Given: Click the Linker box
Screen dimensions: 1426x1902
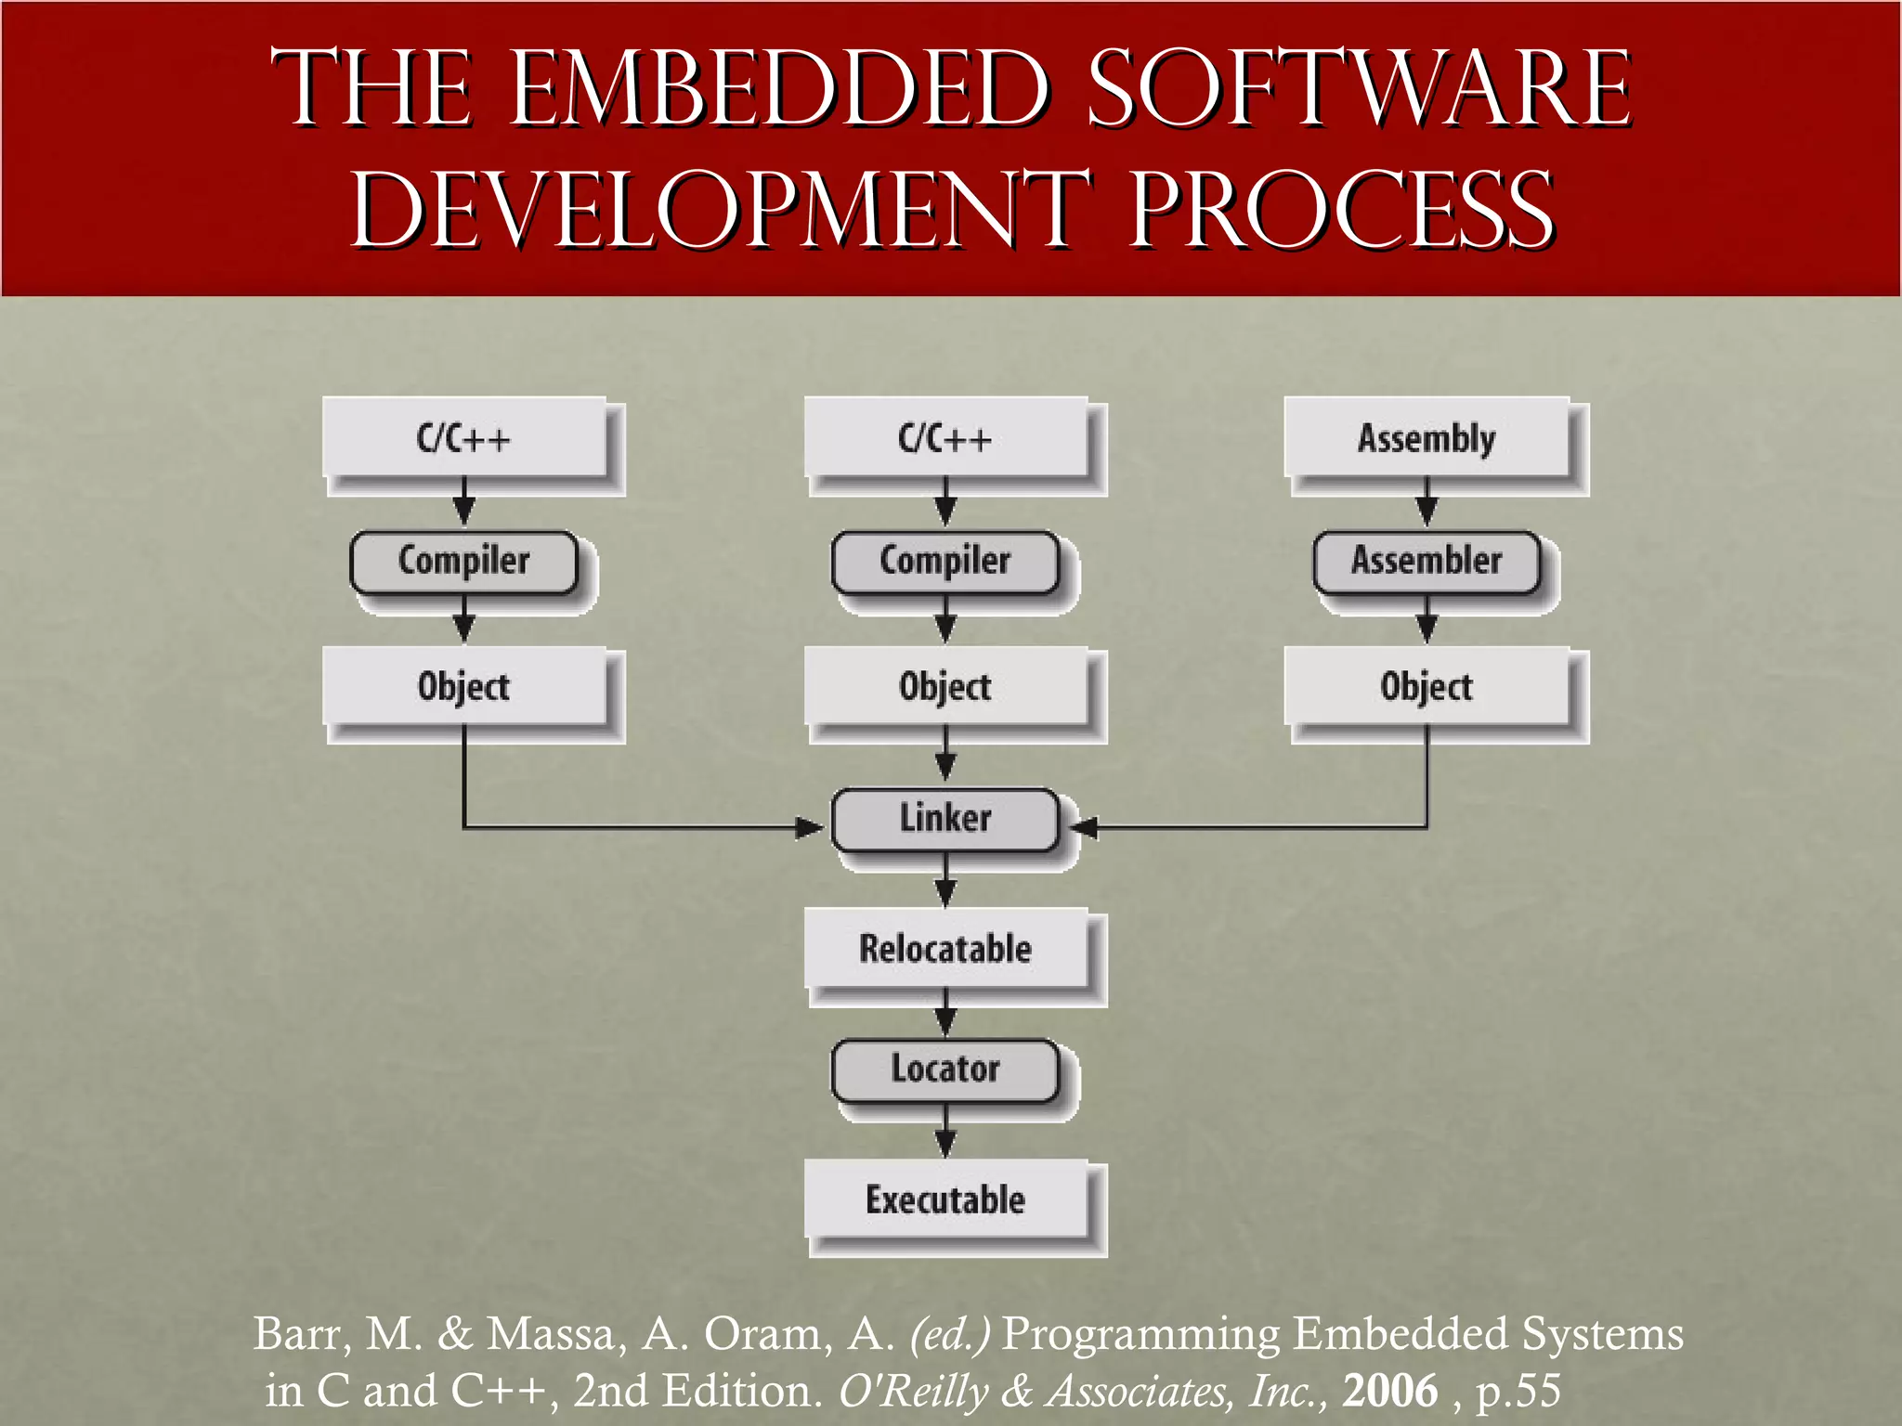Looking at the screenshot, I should click(x=945, y=819).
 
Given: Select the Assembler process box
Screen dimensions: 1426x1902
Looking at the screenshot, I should click(x=1426, y=561).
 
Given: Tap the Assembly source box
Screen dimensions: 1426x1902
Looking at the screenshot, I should click(x=1426, y=437).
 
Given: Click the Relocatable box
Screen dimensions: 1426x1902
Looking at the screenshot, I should click(x=945, y=948).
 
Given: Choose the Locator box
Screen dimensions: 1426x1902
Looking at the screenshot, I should click(x=945, y=1069).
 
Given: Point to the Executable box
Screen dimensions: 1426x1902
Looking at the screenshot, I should click(x=945, y=1199).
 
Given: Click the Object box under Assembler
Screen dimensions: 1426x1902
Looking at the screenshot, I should click(x=1426, y=686).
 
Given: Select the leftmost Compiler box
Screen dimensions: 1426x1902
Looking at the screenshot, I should click(x=463, y=561).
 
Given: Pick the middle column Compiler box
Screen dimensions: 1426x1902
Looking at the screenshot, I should click(x=945, y=561).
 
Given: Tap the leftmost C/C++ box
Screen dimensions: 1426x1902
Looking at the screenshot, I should click(x=463, y=437).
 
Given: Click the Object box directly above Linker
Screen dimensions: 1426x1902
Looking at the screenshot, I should click(x=945, y=686).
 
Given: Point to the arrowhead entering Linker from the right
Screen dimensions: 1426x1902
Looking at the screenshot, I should click(x=1084, y=826).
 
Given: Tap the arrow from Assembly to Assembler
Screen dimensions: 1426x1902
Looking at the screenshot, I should click(x=1426, y=503).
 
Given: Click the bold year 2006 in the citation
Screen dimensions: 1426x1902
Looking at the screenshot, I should click(x=1389, y=1390).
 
